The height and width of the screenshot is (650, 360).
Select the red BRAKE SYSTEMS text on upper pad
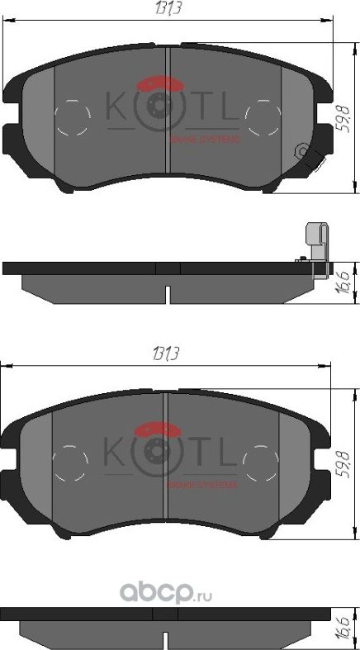(204, 140)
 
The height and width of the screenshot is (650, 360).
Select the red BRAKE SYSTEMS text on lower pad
(202, 485)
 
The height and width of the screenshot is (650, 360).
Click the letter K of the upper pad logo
(112, 108)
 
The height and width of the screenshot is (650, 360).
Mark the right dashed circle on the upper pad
(263, 116)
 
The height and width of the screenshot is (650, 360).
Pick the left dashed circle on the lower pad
(69, 462)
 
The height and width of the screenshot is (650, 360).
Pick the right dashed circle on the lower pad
(262, 462)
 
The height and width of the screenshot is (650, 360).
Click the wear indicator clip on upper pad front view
(306, 154)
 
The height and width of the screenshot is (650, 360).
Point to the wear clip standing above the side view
(315, 240)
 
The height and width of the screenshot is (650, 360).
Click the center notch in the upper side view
(168, 292)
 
